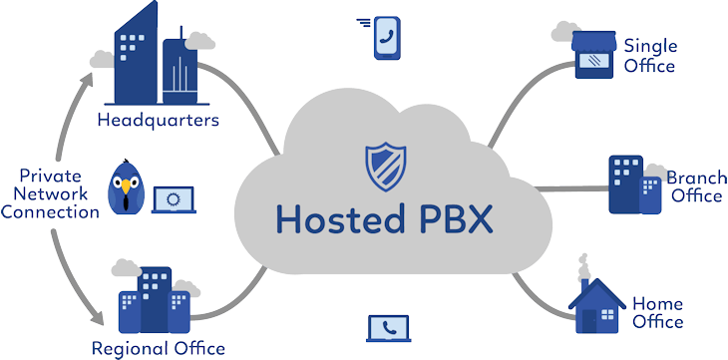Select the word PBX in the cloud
tap(453, 216)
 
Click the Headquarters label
tap(158, 121)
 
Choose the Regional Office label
tap(158, 348)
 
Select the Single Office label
tap(650, 56)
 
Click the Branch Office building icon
tap(633, 184)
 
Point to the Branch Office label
tap(695, 186)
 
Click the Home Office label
tap(658, 312)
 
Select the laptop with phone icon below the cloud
tap(389, 328)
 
